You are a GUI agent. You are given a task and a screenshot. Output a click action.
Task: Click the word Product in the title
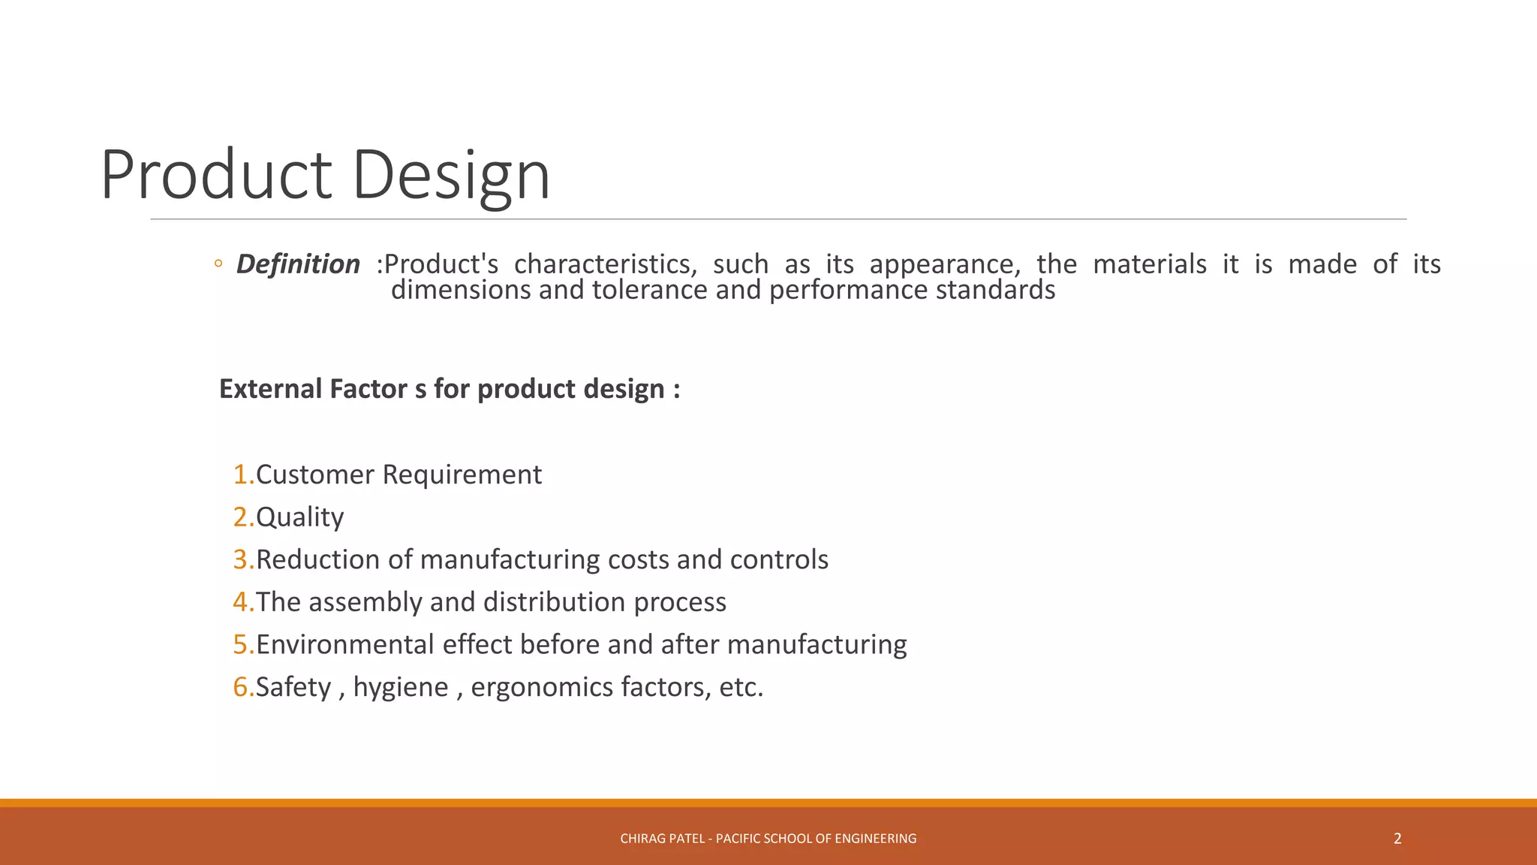[216, 175]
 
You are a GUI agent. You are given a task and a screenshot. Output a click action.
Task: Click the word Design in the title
[451, 175]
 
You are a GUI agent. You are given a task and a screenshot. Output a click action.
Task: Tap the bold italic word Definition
[298, 264]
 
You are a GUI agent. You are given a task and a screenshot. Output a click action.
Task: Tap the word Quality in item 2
[299, 517]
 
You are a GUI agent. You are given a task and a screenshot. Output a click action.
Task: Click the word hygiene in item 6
[401, 687]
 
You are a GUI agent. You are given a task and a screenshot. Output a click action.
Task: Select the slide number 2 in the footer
[1397, 839]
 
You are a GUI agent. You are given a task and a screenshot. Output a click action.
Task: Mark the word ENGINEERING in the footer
[875, 839]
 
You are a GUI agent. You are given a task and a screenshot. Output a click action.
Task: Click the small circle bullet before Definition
[218, 264]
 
